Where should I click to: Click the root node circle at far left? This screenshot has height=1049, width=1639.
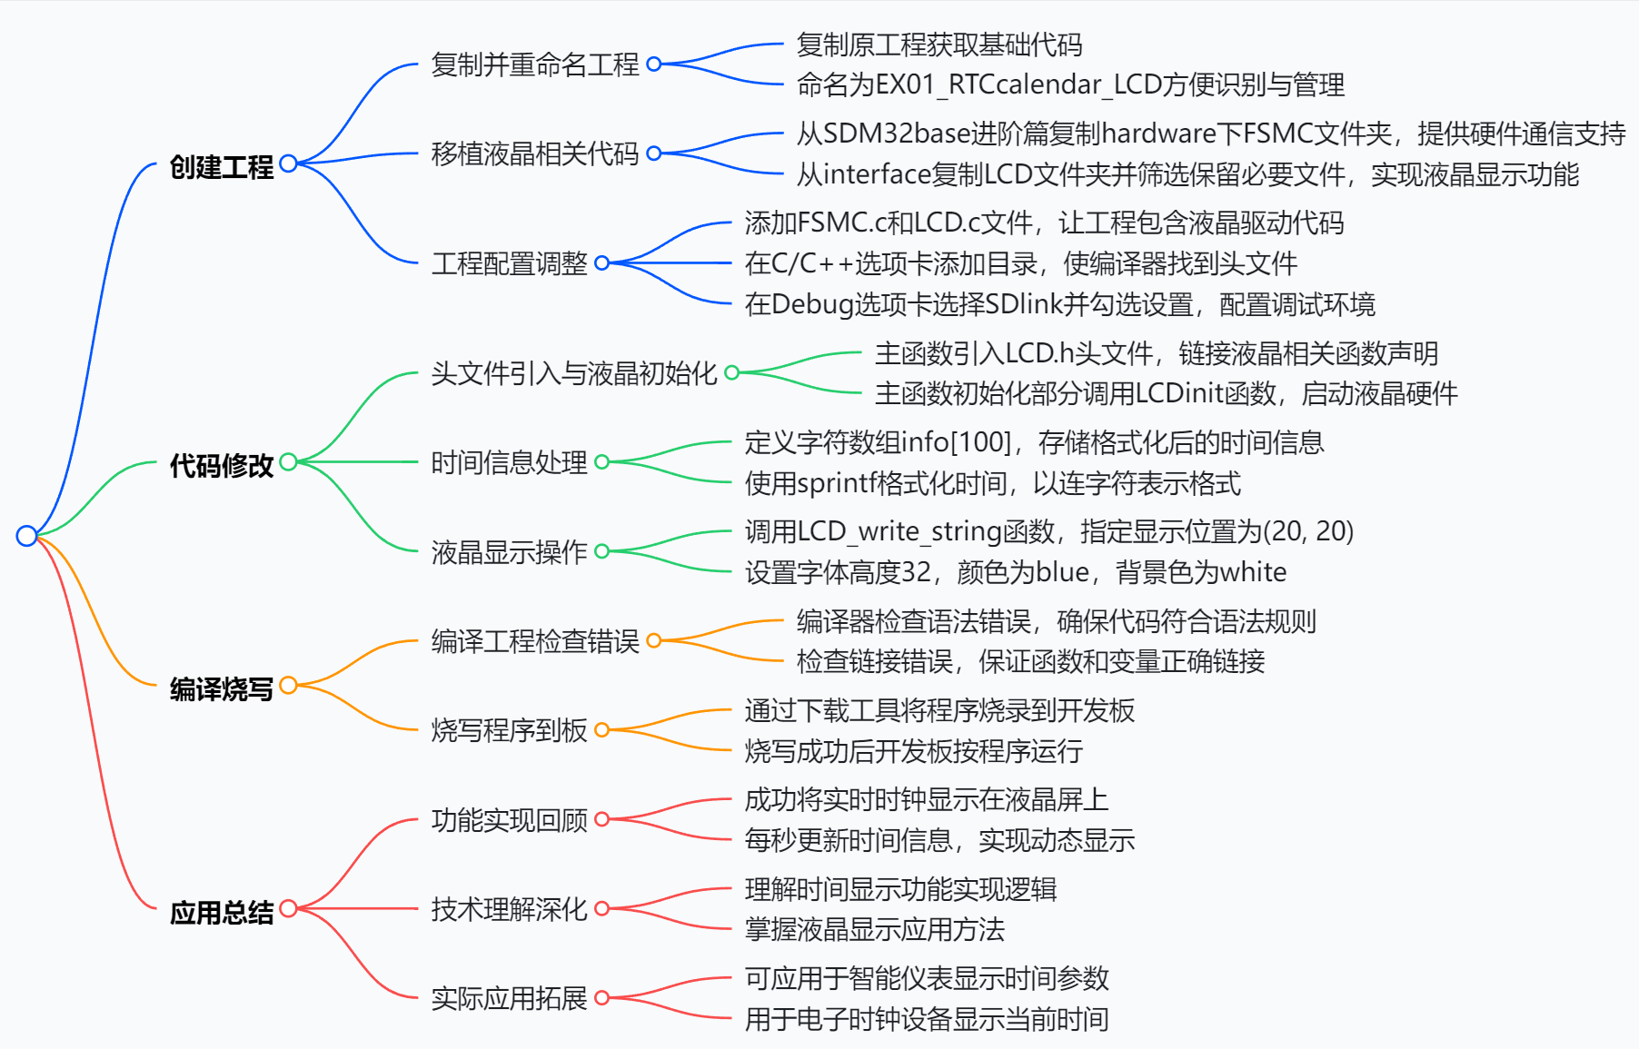tap(26, 536)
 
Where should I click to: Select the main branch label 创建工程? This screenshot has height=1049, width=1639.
tap(221, 167)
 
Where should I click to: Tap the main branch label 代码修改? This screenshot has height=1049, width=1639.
tap(221, 465)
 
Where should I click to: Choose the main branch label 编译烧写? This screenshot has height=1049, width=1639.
tap(221, 688)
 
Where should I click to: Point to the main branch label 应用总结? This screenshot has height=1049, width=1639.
tap(221, 912)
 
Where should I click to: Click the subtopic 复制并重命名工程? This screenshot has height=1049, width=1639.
tap(534, 64)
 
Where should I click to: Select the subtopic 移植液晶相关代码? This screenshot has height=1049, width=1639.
tap(534, 153)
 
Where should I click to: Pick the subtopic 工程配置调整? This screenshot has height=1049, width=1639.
tap(509, 263)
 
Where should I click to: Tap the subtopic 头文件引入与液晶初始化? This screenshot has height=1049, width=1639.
tap(573, 372)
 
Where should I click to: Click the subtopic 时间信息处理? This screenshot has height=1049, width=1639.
tap(509, 462)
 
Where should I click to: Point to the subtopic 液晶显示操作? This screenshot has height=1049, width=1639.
tap(509, 551)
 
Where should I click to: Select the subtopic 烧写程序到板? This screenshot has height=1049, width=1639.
tap(509, 730)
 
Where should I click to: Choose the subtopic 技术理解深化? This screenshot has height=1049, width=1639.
tap(509, 908)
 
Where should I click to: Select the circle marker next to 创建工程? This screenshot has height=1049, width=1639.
tap(289, 163)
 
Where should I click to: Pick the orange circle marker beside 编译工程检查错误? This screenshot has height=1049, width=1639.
tap(654, 641)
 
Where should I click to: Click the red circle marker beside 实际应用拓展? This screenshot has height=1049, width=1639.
tap(601, 998)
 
